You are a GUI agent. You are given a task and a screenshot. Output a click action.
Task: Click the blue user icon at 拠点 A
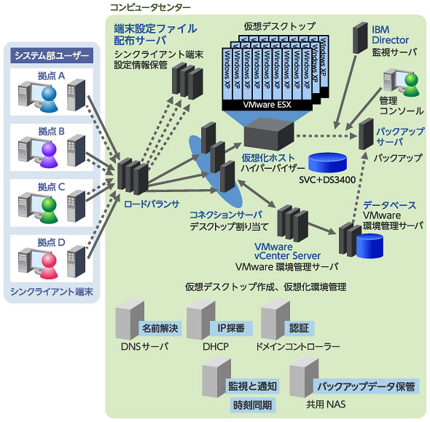[x=49, y=99]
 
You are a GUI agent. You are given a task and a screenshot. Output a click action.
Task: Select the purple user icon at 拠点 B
[x=49, y=155]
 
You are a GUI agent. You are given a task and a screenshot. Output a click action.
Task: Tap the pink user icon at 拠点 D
[x=49, y=266]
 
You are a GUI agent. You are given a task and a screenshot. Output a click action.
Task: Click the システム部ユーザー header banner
[x=52, y=55]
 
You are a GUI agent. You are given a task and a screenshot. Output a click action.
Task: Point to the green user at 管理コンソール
[x=411, y=84]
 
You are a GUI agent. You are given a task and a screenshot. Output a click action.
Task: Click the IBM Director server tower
[x=360, y=38]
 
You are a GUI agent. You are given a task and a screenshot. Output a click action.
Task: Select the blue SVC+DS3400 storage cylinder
[x=327, y=163]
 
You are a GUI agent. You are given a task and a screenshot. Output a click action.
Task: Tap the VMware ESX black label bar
[x=267, y=105]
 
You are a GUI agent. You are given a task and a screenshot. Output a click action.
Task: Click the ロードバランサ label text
[x=152, y=204]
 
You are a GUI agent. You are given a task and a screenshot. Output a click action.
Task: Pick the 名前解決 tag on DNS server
[x=160, y=328]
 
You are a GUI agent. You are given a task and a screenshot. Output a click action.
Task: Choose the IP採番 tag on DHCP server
[x=231, y=328]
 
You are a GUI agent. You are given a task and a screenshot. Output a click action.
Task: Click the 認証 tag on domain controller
[x=299, y=328]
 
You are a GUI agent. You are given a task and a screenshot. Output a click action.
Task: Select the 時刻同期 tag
[x=253, y=405]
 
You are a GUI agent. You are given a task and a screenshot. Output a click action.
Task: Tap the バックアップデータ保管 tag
[x=366, y=386]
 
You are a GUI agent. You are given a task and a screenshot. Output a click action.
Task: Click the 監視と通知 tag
[x=252, y=386]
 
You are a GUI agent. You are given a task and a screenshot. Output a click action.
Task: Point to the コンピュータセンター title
[x=150, y=7]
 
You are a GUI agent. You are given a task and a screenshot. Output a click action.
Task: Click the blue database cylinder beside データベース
[x=370, y=246]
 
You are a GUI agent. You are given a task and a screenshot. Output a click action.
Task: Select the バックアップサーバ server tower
[x=367, y=134]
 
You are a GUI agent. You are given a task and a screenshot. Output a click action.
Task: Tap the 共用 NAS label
[x=326, y=405]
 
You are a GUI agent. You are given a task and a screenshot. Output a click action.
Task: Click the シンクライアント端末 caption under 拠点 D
[x=52, y=292]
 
